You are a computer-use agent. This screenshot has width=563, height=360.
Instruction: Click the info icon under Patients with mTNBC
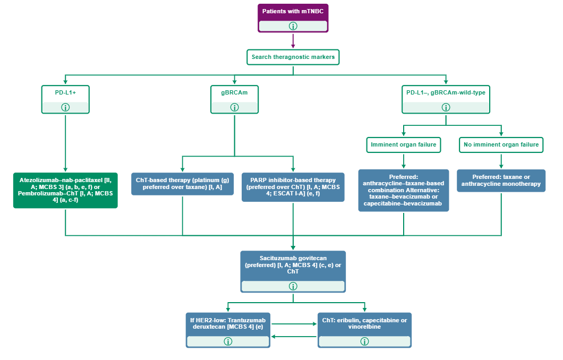coord(293,26)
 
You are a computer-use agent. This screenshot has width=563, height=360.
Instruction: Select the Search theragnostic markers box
coord(293,57)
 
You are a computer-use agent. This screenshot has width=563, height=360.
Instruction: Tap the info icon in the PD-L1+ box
coord(65,107)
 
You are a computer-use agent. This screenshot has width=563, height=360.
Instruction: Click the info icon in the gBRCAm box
coord(235,107)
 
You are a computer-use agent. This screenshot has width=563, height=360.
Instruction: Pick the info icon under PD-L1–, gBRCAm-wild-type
coord(446,107)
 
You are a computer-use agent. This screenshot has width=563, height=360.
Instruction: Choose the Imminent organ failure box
coord(404,144)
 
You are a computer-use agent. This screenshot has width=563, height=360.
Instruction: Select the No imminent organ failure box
coord(501,144)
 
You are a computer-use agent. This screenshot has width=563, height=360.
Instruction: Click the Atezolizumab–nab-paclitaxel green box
coord(65,190)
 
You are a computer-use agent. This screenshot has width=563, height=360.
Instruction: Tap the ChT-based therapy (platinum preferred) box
coord(182,184)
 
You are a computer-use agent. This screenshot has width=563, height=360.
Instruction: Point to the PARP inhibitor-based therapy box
coord(293,187)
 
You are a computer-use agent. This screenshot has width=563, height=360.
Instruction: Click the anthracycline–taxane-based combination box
coord(404,190)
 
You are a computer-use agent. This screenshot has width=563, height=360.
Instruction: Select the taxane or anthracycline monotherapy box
coord(501,181)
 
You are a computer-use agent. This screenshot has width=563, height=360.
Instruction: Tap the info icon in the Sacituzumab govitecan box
coord(293,286)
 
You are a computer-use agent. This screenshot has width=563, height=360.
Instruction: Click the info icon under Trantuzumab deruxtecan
coord(228,341)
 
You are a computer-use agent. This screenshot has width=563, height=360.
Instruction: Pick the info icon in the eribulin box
coord(364,341)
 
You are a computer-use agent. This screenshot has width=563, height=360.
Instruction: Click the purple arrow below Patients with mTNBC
coord(293,41)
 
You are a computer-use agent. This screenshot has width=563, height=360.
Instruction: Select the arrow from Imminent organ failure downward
coord(404,161)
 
